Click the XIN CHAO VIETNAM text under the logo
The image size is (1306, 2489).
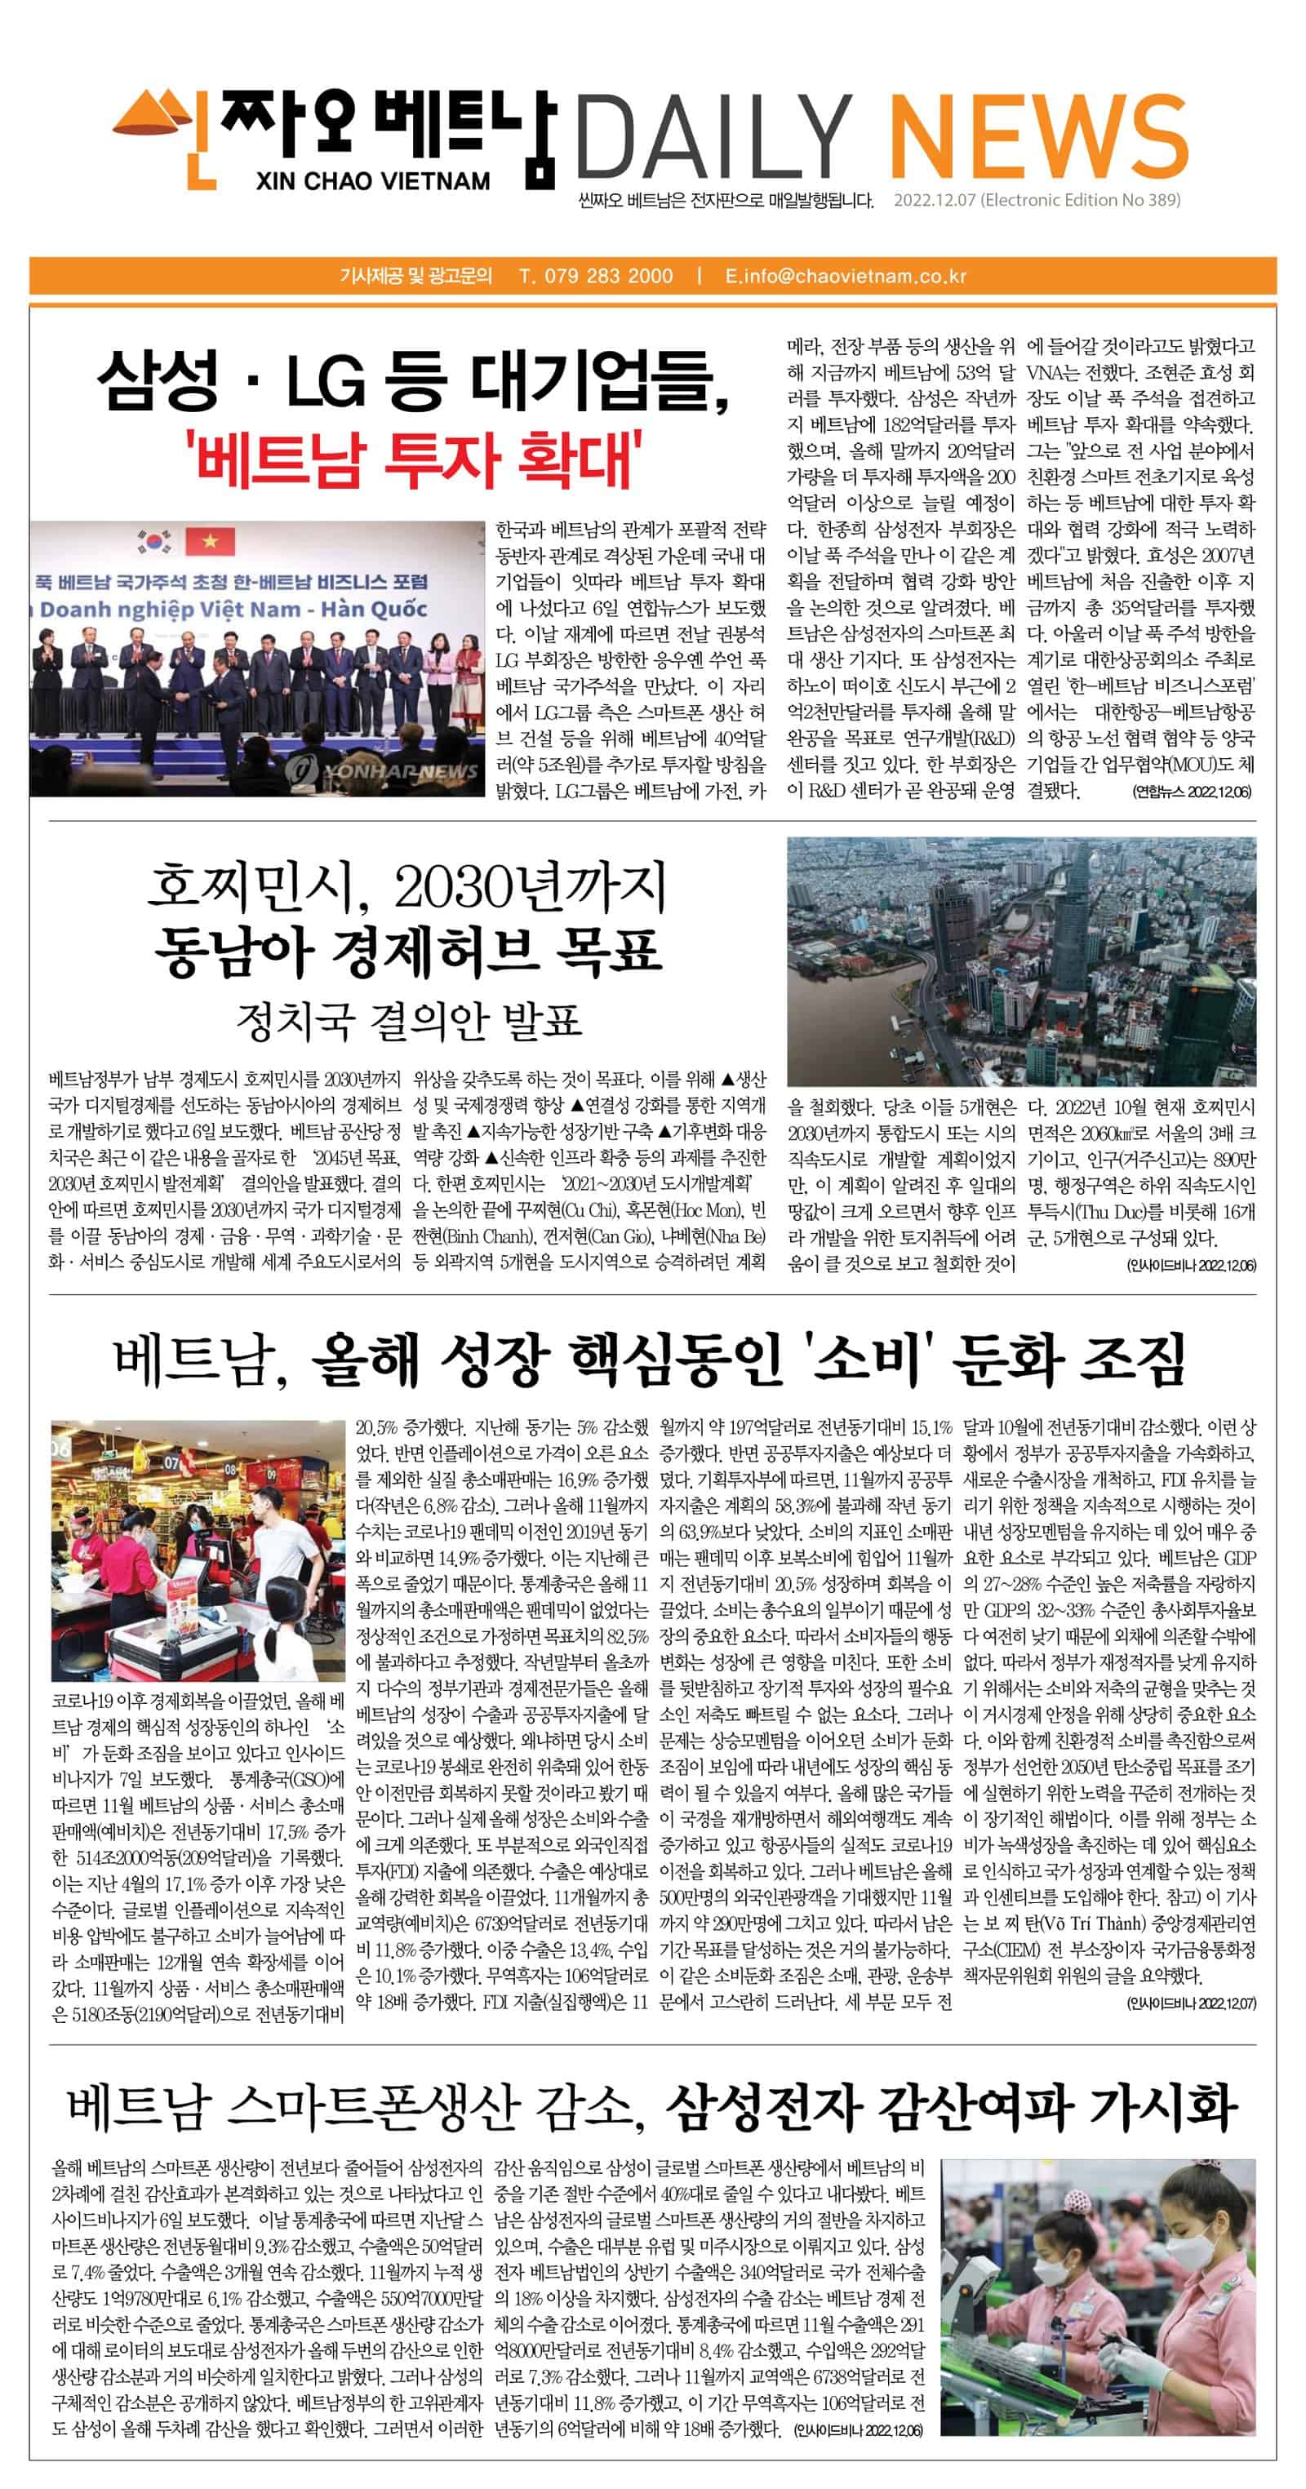tap(373, 180)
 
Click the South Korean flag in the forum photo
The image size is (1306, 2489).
tap(153, 540)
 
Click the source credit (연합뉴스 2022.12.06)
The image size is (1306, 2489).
tap(1191, 792)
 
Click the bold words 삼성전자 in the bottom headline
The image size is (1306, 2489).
tap(764, 2107)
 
